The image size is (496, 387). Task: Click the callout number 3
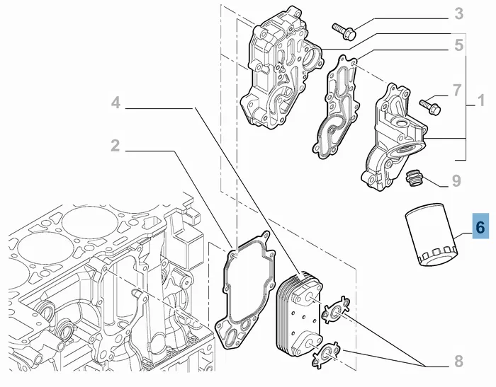pyautogui.click(x=459, y=13)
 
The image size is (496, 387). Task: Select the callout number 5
pyautogui.click(x=459, y=45)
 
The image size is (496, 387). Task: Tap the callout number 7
pyautogui.click(x=456, y=91)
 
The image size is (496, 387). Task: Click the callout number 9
pyautogui.click(x=457, y=181)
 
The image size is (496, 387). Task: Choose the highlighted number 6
pyautogui.click(x=480, y=227)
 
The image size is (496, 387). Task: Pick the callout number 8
pyautogui.click(x=458, y=362)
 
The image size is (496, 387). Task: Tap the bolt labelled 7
pyautogui.click(x=429, y=105)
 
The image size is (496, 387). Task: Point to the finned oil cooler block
pyautogui.click(x=297, y=310)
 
